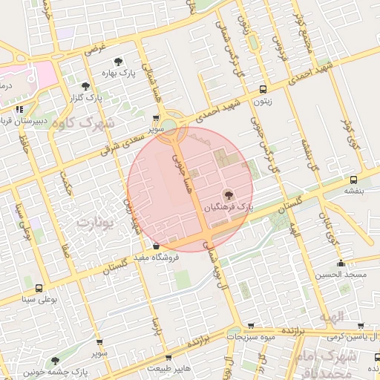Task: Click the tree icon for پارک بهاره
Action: pyautogui.click(x=117, y=62)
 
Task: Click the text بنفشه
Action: pyautogui.click(x=354, y=190)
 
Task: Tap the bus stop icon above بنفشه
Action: pyautogui.click(x=353, y=179)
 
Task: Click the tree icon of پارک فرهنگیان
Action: pyautogui.click(x=228, y=194)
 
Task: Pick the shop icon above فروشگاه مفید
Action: pyautogui.click(x=156, y=246)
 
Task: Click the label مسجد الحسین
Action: pyautogui.click(x=339, y=275)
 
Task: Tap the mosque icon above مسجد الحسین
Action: pyautogui.click(x=341, y=263)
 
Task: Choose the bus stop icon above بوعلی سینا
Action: pyautogui.click(x=39, y=289)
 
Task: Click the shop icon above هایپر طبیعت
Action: pyautogui.click(x=170, y=356)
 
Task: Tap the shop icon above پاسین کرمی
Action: pyautogui.click(x=360, y=326)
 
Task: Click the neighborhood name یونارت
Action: pyautogui.click(x=96, y=222)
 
